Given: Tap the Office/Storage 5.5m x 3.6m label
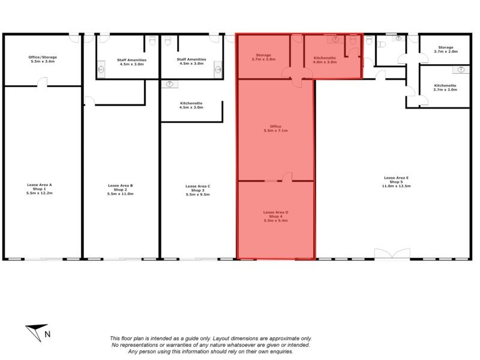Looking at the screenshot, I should click(43, 59).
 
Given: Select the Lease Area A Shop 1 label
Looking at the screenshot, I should click(40, 189).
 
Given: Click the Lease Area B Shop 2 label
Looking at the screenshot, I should click(120, 190).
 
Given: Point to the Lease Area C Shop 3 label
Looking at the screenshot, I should click(198, 190).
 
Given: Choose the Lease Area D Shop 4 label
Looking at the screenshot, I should click(276, 216).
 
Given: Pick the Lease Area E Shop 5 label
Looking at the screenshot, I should click(397, 182).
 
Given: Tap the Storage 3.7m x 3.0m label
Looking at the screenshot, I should click(263, 58).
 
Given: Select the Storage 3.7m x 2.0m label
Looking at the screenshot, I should click(445, 49).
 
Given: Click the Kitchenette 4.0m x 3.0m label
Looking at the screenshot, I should click(325, 59).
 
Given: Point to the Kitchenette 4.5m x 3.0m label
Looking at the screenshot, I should click(191, 105).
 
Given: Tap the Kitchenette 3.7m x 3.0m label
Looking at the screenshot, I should click(445, 88).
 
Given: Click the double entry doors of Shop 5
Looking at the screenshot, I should click(392, 254).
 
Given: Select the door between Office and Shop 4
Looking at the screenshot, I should click(287, 177).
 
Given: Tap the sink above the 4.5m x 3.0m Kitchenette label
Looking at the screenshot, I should click(170, 84).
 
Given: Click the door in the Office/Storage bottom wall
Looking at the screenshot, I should click(43, 82).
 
